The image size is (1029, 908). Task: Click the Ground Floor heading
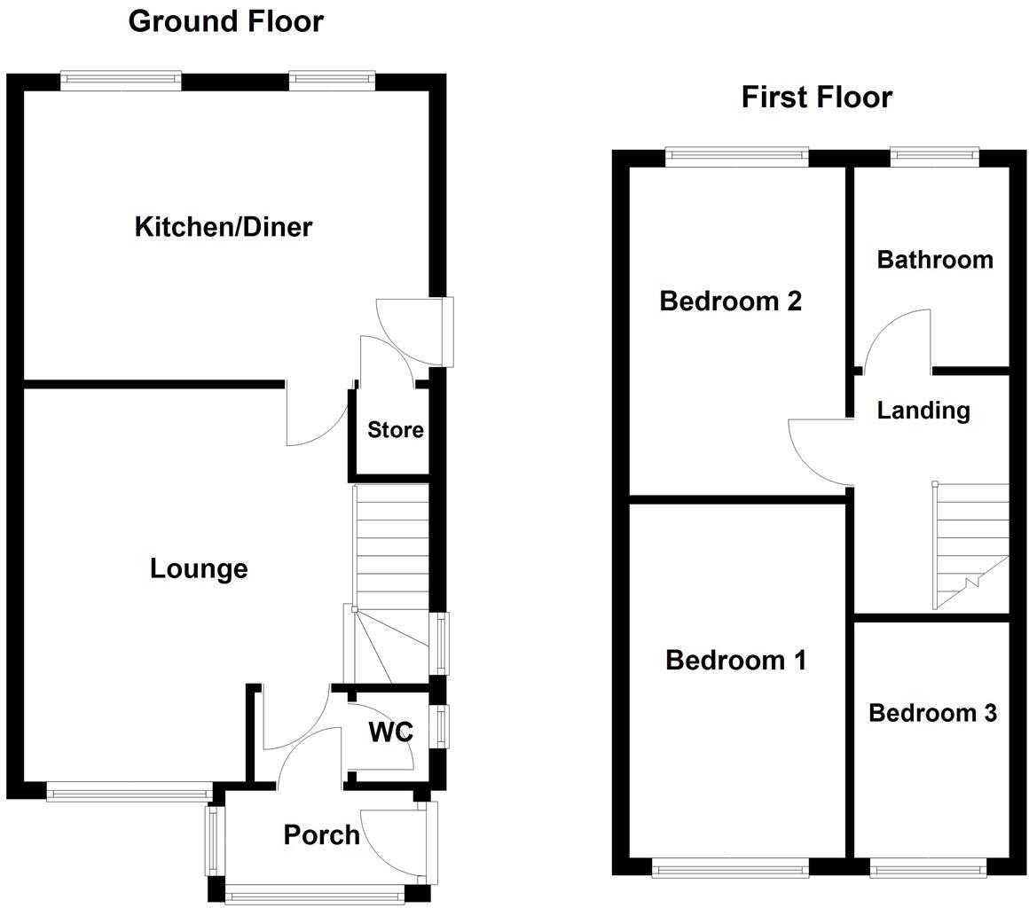225,20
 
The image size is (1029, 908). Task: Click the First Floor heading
816,97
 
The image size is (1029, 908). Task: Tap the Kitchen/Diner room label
223,227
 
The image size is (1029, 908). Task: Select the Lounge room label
198,568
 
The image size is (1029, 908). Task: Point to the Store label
395,430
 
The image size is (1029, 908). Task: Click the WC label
390,732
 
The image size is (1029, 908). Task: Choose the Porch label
321,834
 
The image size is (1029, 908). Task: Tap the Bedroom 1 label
735,660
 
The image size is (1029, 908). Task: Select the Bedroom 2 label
730,301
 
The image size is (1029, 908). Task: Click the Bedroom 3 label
931,713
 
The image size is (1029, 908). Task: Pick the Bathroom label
934,260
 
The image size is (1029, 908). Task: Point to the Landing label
923,411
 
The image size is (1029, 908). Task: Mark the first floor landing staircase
970,545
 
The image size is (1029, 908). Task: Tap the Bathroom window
934,158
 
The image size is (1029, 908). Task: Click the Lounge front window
130,792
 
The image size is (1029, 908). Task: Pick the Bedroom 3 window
927,867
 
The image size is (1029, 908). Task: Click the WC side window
438,725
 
